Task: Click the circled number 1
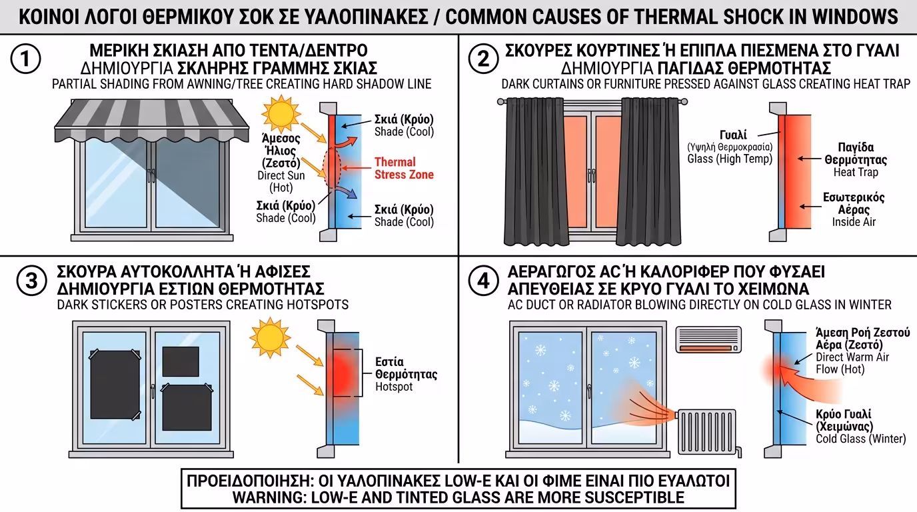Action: tap(25, 59)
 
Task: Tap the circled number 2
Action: tap(483, 59)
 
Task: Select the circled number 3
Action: tap(31, 281)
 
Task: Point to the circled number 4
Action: tap(483, 281)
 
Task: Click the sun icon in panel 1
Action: tap(281, 113)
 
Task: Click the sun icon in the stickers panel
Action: tap(270, 337)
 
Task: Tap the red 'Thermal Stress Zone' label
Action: tap(404, 169)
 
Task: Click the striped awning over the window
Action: tap(151, 119)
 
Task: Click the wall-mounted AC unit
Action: tap(708, 339)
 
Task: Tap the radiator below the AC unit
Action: tap(707, 432)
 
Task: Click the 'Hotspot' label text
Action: tap(394, 387)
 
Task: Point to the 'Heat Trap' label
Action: tap(856, 172)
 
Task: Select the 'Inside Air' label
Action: tap(854, 222)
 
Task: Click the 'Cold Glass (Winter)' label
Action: tap(860, 439)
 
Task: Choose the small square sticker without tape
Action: tap(181, 362)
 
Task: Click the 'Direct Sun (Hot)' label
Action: tap(281, 181)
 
